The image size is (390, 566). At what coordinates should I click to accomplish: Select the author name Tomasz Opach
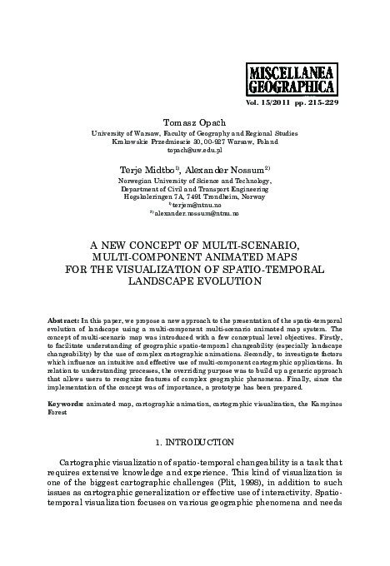coord(195,122)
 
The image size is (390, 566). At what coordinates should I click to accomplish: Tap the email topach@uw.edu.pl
coord(195,151)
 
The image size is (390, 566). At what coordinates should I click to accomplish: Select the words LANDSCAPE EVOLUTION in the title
coord(195,281)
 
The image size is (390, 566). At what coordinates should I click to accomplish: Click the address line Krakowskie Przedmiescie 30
coord(162,141)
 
